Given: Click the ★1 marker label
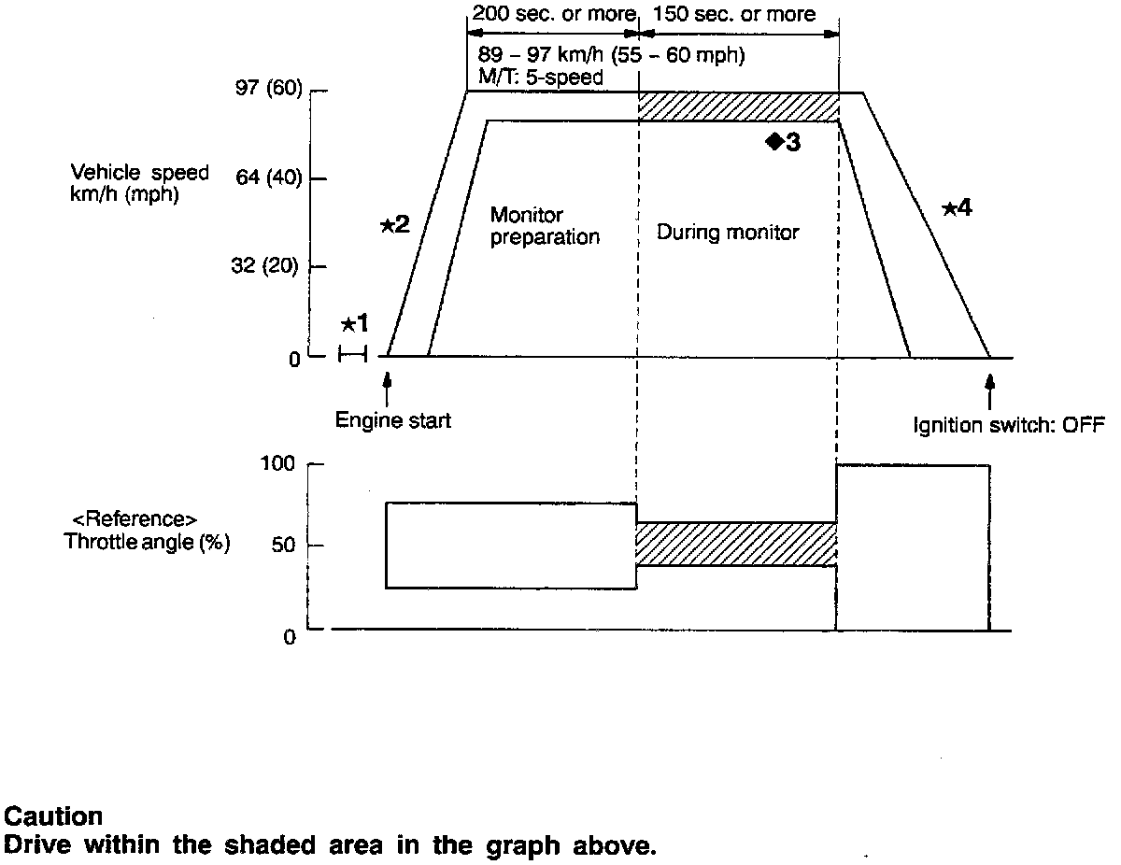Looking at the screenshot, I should point(354,324).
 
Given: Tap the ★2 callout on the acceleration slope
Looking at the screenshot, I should point(395,224).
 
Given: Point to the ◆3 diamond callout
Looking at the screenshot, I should point(783,142).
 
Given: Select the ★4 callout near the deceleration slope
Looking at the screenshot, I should point(957,208).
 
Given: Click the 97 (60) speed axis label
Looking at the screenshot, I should point(266,91).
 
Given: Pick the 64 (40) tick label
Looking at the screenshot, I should point(266,177).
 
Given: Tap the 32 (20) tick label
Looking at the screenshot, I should point(266,266).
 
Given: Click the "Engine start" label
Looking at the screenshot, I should point(393,421).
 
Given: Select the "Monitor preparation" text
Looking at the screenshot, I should point(545,227).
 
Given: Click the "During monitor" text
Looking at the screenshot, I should point(728,232).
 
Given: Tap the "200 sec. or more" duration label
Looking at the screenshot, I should point(554,14).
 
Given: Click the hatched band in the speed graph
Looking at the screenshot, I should point(738,106).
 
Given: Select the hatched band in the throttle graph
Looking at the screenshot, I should point(736,544).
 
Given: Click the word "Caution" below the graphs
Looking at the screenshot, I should point(53,816).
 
